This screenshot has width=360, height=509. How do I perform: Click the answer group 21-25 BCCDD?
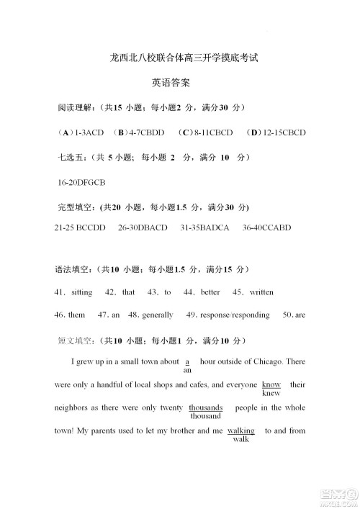pos(80,228)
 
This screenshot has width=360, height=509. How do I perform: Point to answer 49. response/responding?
pos(228,315)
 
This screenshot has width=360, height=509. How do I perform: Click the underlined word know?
pos(271,384)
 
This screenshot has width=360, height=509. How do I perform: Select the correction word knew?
pos(271,394)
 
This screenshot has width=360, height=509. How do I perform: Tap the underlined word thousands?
pos(205,407)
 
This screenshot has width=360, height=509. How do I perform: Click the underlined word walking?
pos(240,431)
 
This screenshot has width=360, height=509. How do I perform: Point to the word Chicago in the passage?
pos(268,361)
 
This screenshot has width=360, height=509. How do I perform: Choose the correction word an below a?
pos(187,371)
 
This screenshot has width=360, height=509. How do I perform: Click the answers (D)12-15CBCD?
pos(276,133)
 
